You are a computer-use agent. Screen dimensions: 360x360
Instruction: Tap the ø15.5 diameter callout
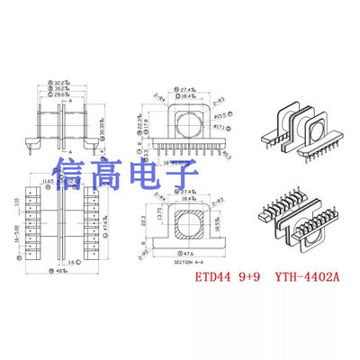(x=221, y=117)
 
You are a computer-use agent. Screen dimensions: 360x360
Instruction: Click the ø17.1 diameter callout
(x=221, y=128)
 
